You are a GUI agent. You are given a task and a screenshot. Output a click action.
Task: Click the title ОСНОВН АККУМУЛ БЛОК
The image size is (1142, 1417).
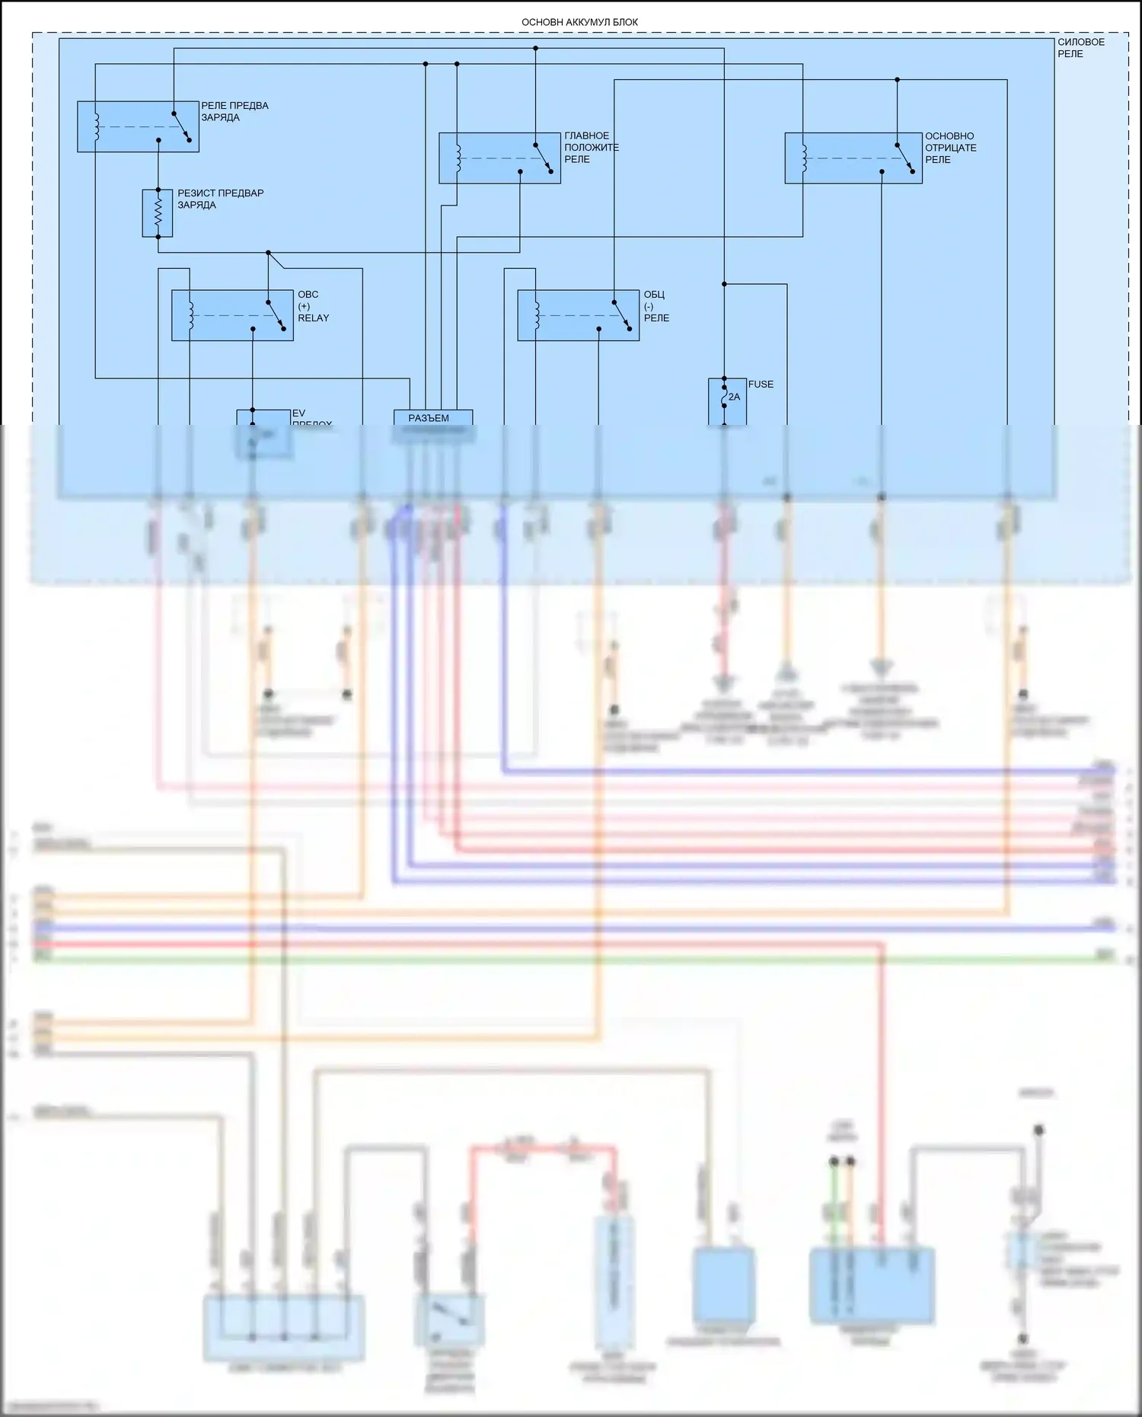(x=579, y=23)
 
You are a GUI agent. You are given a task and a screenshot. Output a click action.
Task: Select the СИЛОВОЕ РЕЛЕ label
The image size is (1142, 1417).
(x=1080, y=48)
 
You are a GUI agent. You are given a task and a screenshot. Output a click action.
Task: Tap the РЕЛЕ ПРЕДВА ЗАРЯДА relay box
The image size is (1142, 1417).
(x=138, y=126)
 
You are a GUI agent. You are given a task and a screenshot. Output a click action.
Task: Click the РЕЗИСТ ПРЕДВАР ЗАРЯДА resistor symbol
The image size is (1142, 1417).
(x=158, y=213)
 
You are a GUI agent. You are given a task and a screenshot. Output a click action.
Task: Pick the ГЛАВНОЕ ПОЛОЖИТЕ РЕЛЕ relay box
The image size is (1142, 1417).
(x=499, y=158)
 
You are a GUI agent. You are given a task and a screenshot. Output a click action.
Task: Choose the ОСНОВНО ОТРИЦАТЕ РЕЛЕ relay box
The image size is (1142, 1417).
(x=853, y=158)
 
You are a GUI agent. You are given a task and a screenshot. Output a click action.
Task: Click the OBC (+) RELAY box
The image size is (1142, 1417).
(x=232, y=315)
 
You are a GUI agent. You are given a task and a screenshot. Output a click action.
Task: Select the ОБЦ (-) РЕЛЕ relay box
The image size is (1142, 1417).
(x=578, y=315)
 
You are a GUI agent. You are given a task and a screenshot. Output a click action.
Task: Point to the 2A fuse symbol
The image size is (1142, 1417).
(x=726, y=397)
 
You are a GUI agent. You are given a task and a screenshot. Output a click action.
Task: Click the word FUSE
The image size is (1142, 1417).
(x=761, y=385)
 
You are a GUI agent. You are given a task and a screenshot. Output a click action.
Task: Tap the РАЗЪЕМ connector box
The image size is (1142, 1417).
(x=432, y=418)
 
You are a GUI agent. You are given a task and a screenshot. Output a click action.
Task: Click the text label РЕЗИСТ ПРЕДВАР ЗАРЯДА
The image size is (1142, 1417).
(x=220, y=199)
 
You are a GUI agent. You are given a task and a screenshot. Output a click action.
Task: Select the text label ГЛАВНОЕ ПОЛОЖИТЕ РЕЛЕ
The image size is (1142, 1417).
(x=591, y=148)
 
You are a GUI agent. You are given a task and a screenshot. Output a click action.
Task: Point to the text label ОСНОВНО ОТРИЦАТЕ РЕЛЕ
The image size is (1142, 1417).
(x=950, y=148)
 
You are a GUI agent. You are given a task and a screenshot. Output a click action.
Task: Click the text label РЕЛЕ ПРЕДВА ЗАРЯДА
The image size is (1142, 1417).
(x=234, y=111)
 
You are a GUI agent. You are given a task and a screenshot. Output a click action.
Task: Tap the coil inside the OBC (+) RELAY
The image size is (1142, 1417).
(x=190, y=315)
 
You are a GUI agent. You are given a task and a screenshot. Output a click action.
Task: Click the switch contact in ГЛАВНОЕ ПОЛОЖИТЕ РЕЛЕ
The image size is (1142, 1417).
(x=544, y=158)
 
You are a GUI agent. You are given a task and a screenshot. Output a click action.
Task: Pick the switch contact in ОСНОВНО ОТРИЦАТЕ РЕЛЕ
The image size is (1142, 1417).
(x=905, y=158)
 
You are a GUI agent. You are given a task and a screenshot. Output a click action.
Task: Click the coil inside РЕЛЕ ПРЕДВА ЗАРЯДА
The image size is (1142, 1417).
(x=97, y=126)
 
